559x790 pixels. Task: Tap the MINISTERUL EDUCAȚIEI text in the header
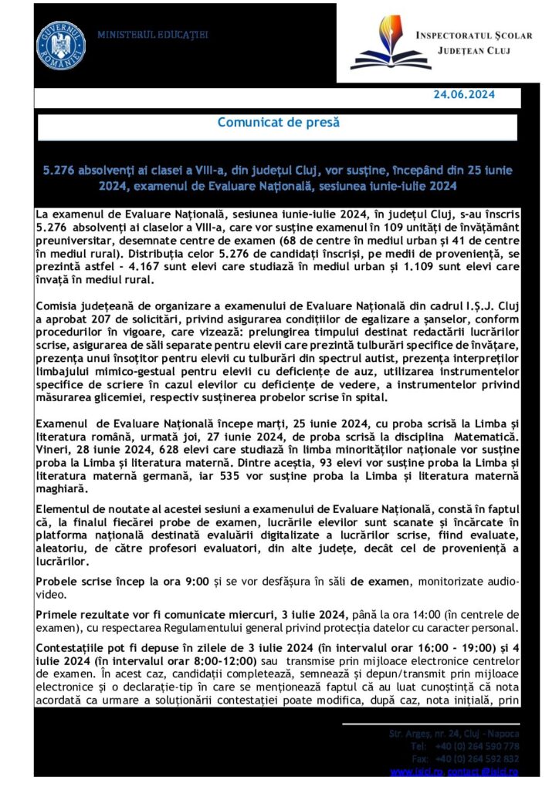tap(153, 35)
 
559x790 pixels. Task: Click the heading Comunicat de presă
tap(278, 122)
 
